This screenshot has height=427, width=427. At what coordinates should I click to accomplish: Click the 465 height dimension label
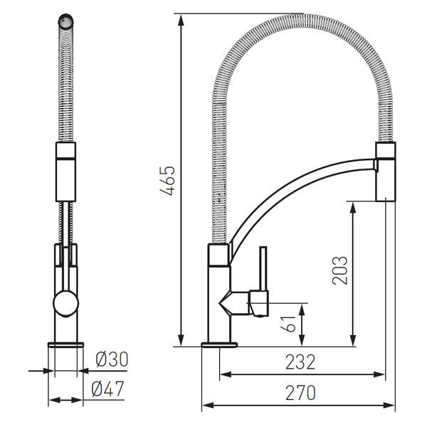[168, 180]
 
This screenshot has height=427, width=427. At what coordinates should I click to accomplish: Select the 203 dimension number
[340, 270]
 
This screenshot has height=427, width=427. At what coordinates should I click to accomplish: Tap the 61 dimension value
[288, 324]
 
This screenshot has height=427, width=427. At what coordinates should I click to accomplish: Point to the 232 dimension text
[300, 362]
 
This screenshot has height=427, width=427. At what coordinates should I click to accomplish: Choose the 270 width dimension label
[300, 392]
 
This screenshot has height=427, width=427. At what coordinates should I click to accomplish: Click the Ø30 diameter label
[112, 359]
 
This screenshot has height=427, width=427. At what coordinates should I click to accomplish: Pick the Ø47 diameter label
[108, 389]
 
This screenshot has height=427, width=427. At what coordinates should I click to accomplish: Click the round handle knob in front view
[66, 303]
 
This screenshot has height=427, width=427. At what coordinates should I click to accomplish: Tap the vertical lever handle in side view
[263, 269]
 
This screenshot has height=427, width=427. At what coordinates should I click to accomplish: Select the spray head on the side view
[385, 172]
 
